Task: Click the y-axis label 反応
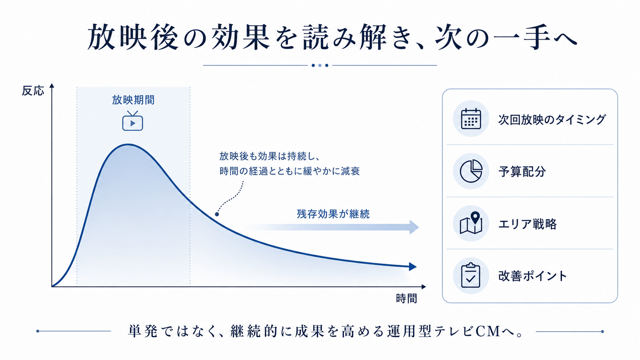33,91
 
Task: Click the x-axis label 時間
406,298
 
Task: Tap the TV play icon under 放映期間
132,121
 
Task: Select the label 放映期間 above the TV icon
133,100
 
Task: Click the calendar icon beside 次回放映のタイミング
471,119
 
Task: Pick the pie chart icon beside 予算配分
471,171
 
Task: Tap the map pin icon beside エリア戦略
471,223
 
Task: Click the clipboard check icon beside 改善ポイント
470,275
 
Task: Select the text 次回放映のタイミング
552,119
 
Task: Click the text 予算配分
522,171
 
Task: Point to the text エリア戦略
527,224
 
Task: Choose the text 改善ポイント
532,276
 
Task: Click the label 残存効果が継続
333,214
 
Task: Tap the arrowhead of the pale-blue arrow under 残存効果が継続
414,227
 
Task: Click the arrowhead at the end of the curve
413,267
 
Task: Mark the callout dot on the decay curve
217,214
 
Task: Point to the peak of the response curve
128,145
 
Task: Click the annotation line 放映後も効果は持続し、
269,156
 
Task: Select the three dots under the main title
320,65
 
